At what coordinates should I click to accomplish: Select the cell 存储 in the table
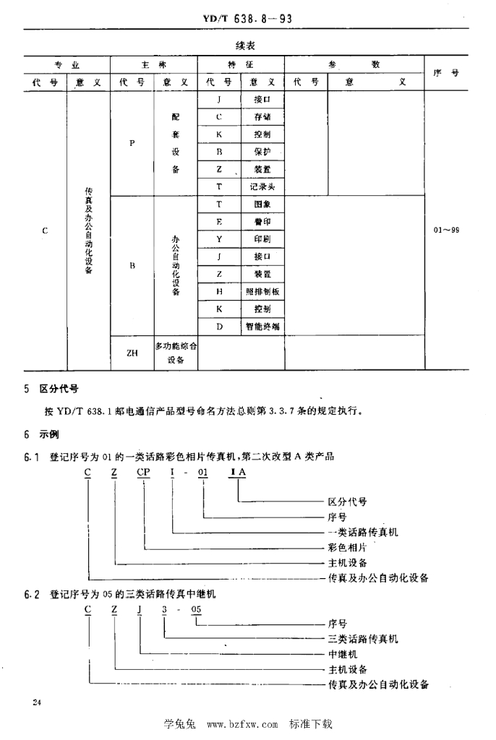pos(262,117)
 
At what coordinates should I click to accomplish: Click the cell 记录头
pos(262,186)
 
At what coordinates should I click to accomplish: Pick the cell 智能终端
pos(262,326)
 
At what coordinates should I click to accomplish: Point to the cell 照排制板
pos(262,291)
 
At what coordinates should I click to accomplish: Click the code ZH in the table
pos(132,353)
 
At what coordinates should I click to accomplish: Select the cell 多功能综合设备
pos(176,353)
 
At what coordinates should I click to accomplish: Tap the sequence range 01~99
pos(447,230)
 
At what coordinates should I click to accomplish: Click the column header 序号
pos(447,73)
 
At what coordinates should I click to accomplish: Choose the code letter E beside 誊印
pos(218,221)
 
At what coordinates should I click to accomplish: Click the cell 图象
pos(262,204)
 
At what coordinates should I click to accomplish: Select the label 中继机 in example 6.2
pos(343,654)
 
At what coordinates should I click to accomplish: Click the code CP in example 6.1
pos(143,472)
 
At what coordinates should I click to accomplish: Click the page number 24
pos(36,702)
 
